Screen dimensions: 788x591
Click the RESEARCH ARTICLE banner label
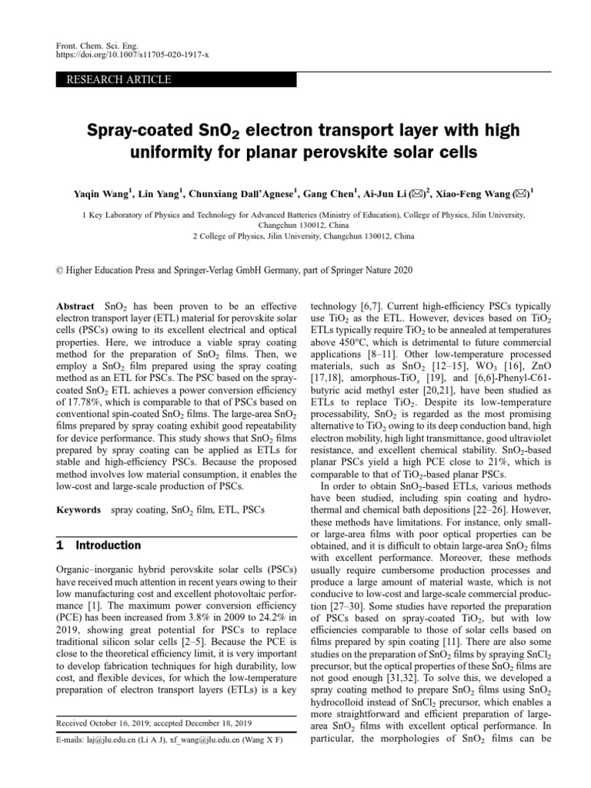point(119,79)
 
